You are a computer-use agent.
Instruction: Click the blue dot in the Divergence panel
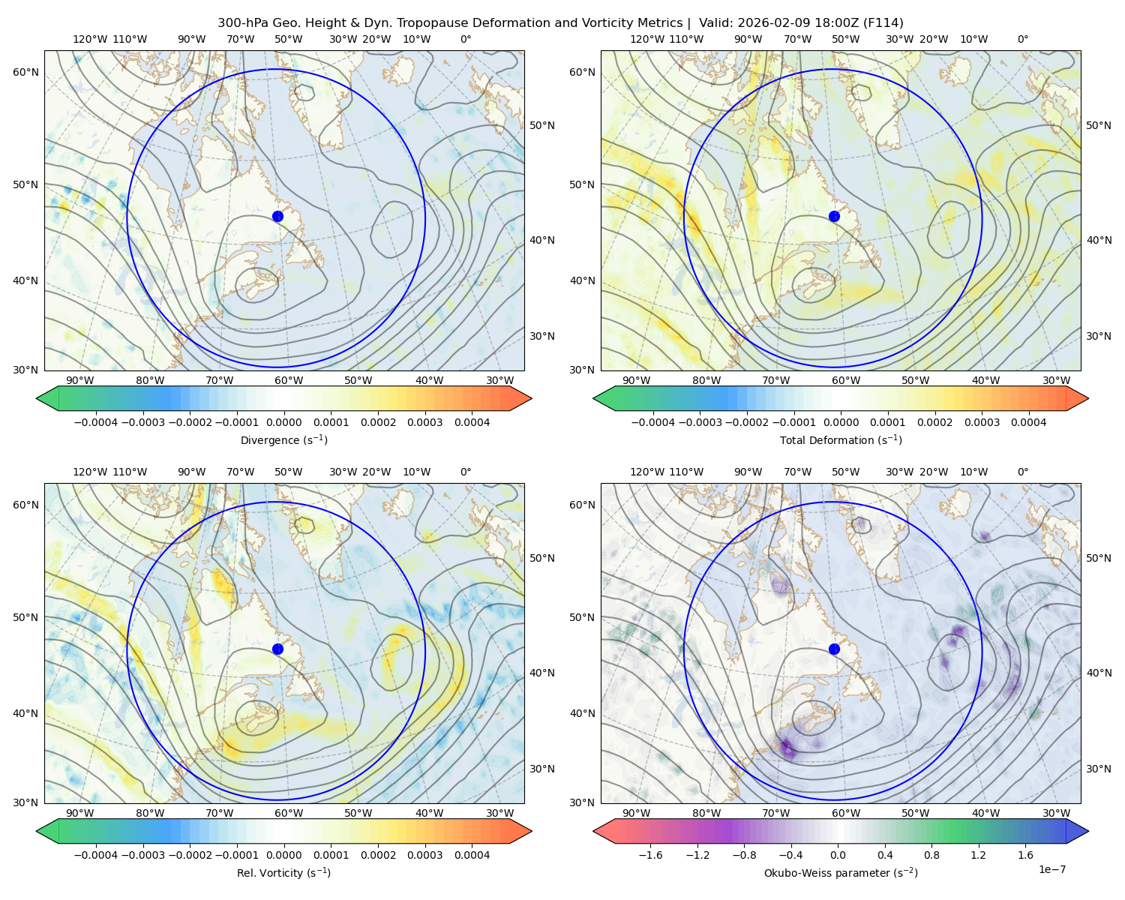coord(277,216)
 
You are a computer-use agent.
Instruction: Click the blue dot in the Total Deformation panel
coord(834,216)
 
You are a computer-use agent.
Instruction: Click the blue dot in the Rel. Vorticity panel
coord(277,649)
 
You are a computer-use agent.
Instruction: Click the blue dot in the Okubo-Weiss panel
coord(834,649)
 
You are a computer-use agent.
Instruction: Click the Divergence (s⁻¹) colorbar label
coord(283,440)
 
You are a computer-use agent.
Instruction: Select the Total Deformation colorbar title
coord(841,440)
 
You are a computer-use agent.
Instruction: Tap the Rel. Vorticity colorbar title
coord(283,873)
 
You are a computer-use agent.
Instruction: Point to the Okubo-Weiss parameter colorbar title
coord(841,873)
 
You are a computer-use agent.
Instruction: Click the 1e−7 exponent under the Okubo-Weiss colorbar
coord(1052,869)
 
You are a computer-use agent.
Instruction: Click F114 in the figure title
coord(886,23)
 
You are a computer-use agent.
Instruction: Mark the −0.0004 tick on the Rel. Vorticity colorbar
coord(94,855)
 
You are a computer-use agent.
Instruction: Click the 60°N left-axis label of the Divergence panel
coord(25,72)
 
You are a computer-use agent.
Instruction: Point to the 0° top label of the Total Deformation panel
coord(1023,39)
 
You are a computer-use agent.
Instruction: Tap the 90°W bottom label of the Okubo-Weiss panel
coord(636,813)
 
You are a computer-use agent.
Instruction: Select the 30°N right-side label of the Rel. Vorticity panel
coord(542,769)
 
